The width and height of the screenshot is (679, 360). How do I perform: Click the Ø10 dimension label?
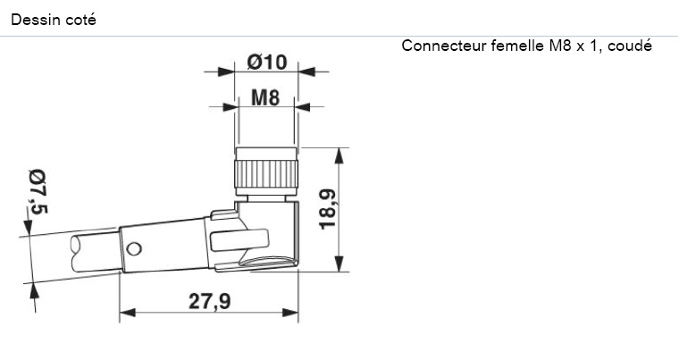[266, 62]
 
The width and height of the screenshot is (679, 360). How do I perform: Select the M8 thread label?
[265, 98]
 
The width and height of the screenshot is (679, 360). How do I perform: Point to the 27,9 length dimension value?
[209, 302]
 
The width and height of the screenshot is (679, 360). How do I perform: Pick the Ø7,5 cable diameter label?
[38, 191]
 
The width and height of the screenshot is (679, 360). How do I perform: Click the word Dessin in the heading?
[32, 19]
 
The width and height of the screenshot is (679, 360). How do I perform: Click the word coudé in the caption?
[630, 46]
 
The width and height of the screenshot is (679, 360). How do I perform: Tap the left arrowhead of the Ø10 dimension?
[228, 71]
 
